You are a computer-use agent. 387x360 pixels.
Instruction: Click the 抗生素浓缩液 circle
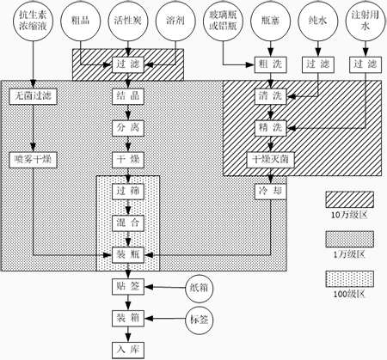33,21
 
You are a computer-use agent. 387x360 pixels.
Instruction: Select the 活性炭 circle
128,21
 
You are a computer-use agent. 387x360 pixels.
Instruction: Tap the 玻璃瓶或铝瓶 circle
223,21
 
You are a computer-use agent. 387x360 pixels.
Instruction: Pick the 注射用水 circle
365,21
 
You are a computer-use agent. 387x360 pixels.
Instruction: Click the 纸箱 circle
200,288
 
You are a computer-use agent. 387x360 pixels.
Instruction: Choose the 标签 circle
200,320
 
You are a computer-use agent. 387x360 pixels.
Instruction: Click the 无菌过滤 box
33,96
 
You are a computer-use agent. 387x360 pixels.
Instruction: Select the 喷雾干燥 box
33,160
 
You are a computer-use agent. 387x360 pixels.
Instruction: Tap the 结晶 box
128,96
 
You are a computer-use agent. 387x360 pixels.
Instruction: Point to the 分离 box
128,128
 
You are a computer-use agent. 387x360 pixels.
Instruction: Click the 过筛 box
128,192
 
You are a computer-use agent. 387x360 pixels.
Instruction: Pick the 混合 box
128,223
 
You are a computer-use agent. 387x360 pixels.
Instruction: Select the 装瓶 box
128,254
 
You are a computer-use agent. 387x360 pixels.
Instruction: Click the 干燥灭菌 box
271,160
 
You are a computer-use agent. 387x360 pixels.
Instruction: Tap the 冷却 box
271,192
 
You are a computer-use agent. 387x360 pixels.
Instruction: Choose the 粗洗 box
271,64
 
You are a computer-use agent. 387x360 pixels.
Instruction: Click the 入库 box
128,350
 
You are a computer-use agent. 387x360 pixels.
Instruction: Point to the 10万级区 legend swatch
349,199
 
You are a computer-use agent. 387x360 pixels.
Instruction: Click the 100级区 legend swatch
349,279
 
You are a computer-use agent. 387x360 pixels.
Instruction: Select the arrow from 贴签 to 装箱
128,302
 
